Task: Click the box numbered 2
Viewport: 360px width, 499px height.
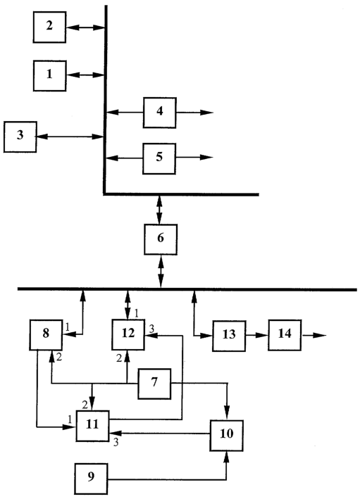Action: (50, 27)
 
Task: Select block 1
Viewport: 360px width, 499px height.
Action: (50, 76)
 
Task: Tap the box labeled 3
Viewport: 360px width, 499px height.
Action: (20, 137)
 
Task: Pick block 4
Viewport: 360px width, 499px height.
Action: (160, 113)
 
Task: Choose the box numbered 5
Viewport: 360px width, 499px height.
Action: (159, 158)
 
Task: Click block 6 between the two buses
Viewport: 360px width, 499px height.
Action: (161, 239)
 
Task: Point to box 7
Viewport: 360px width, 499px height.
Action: (154, 384)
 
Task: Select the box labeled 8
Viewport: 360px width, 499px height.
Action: (46, 335)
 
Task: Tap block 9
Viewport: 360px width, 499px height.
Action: (91, 479)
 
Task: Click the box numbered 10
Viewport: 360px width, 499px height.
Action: (227, 436)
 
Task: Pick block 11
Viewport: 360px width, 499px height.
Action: (93, 426)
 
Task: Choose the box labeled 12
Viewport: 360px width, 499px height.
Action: (128, 335)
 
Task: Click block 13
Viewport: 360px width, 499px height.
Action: (229, 336)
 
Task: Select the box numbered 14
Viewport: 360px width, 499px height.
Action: (285, 335)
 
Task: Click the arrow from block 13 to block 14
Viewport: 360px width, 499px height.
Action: (256, 335)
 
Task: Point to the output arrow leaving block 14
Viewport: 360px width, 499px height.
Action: (314, 335)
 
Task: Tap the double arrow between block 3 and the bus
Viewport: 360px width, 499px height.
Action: (70, 137)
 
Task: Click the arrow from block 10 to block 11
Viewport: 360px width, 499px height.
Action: (160, 433)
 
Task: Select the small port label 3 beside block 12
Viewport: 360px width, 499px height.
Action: (151, 329)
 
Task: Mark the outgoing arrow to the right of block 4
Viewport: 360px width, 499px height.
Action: (194, 113)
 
